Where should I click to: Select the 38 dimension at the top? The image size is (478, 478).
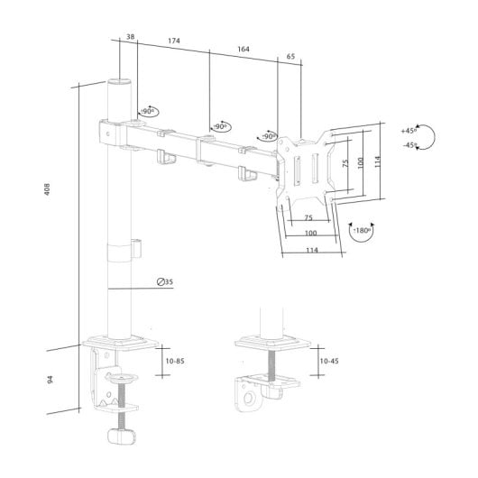coord(130,37)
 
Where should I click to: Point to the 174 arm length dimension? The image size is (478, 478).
coord(173,42)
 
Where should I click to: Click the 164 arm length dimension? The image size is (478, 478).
coord(244,50)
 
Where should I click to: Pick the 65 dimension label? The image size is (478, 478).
coord(290,57)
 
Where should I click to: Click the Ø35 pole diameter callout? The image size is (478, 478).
coord(164,282)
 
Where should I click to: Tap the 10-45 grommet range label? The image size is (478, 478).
coord(329,361)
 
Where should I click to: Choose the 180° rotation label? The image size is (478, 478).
coord(362,231)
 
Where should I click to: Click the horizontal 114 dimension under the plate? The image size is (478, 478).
coord(310,250)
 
